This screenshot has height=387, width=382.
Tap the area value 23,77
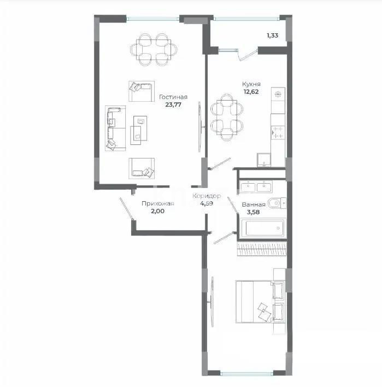[174, 106]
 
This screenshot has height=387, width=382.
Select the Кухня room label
[251, 85]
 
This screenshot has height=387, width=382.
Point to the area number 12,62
[251, 92]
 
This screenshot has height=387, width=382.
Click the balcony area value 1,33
[272, 36]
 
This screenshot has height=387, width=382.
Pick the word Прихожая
[157, 204]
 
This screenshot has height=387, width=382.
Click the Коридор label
[207, 196]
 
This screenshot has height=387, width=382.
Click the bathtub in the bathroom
[262, 228]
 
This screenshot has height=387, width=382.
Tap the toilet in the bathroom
[275, 203]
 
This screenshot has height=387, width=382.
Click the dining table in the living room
[150, 49]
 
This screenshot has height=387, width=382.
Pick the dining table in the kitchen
[226, 115]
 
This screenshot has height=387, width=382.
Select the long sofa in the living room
[115, 128]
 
